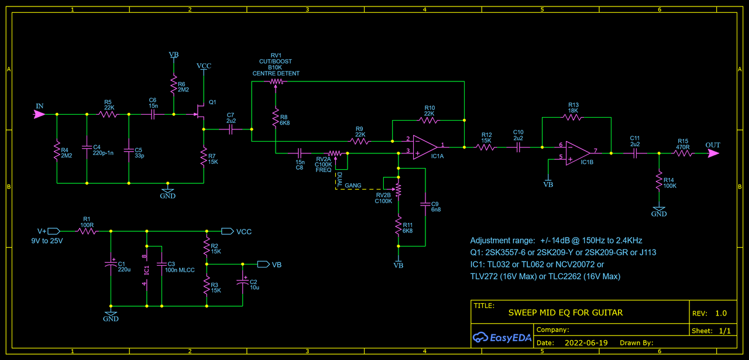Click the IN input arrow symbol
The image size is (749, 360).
tap(39, 114)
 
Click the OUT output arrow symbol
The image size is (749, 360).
tap(713, 153)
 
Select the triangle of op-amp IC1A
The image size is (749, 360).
tap(425, 147)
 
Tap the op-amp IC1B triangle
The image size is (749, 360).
tap(578, 153)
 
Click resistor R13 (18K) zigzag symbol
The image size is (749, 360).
tap(572, 118)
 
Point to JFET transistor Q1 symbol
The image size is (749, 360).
tap(201, 111)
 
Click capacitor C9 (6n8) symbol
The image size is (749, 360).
tap(425, 204)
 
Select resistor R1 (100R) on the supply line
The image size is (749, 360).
tap(87, 231)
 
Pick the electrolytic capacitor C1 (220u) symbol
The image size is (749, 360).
tap(111, 264)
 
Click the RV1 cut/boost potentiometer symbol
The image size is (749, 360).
tap(276, 81)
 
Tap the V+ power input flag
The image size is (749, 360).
tap(53, 231)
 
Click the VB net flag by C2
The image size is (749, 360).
tap(263, 265)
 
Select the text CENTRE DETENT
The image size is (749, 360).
tap(276, 74)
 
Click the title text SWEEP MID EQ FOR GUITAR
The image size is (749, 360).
tap(565, 313)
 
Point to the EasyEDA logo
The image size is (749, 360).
tap(502, 338)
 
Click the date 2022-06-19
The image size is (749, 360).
tap(586, 343)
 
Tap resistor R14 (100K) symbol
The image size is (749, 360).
tap(659, 181)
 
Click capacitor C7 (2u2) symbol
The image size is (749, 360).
tap(231, 129)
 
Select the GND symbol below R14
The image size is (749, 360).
tap(659, 210)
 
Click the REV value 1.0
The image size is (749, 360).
tap(721, 313)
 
